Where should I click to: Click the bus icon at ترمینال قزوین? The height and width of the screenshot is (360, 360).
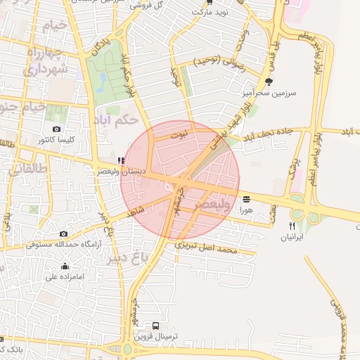[155, 326]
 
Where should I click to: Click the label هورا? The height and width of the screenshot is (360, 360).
[245, 209]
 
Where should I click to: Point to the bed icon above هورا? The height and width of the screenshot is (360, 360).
[245, 199]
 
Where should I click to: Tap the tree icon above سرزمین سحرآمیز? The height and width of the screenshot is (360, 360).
[269, 82]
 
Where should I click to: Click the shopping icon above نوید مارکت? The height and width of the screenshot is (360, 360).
[208, 2]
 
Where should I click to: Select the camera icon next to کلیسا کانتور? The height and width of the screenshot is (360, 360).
[57, 129]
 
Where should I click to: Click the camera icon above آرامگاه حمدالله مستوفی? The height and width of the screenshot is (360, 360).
[64, 234]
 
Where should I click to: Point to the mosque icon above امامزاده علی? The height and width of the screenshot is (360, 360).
[65, 266]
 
